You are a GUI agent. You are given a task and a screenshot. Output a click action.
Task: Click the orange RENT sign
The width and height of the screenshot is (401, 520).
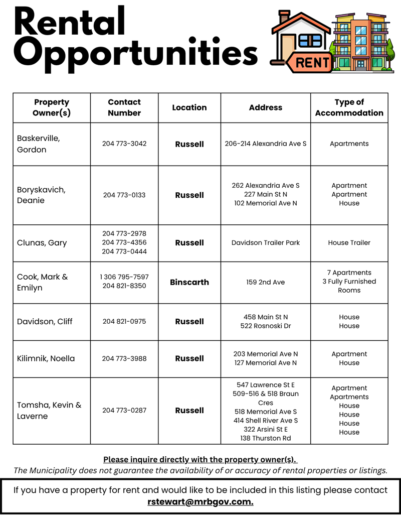tap(313, 63)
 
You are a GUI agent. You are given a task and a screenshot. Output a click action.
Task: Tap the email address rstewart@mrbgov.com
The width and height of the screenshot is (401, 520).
tap(200, 501)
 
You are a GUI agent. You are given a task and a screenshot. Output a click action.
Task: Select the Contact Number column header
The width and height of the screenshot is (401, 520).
tap(124, 107)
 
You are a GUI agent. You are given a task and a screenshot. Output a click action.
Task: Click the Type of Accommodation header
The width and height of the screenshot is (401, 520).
tap(349, 107)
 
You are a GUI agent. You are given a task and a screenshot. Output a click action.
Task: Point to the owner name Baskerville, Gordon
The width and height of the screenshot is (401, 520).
tap(38, 144)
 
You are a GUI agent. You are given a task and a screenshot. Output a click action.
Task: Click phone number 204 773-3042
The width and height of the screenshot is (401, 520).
tap(124, 144)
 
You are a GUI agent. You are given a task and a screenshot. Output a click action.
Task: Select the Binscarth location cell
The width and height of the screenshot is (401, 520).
tap(189, 282)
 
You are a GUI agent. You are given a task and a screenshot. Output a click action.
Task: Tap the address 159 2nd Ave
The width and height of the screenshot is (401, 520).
tap(266, 282)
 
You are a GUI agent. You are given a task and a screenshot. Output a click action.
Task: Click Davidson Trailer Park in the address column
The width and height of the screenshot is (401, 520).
tap(266, 242)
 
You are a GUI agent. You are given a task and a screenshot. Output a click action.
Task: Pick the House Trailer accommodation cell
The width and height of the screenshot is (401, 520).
tap(349, 242)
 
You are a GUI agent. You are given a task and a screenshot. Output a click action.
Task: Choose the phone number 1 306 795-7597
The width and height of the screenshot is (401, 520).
tap(124, 277)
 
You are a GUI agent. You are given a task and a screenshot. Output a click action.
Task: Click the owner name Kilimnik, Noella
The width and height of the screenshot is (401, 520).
tap(46, 358)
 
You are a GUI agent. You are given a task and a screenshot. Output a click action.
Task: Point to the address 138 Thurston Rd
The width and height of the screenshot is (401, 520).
tap(266, 438)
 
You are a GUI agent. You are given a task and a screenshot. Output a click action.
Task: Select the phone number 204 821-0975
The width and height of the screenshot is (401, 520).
tap(124, 321)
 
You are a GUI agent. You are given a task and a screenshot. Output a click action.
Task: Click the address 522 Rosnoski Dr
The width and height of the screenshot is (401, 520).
tap(266, 326)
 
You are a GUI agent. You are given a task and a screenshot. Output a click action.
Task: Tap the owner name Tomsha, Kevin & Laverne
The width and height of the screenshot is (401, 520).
tap(49, 411)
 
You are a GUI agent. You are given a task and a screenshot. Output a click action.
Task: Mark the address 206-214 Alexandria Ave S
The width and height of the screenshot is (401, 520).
tap(266, 144)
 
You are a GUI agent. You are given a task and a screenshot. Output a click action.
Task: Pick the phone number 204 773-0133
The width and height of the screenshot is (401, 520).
tap(124, 195)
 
